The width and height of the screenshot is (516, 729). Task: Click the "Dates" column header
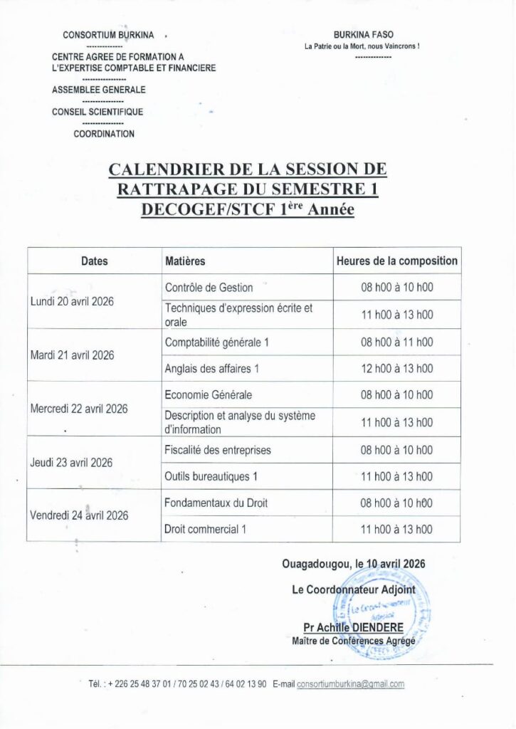[94, 261]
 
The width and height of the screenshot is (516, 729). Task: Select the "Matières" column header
[185, 261]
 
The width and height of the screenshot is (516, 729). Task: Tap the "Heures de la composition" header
[396, 261]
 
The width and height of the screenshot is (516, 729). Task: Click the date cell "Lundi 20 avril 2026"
[72, 301]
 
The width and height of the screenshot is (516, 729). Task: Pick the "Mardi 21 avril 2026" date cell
[72, 355]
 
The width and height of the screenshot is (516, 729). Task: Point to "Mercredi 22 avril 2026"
[78, 409]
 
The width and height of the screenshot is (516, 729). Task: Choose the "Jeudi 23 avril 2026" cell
[71, 463]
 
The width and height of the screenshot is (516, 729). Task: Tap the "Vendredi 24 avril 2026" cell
[78, 515]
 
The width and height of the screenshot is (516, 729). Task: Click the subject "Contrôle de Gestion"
[209, 288]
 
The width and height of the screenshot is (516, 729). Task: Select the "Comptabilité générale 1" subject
[217, 342]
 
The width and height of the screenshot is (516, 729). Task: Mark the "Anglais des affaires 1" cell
[212, 369]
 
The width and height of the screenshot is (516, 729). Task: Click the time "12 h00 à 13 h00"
[396, 369]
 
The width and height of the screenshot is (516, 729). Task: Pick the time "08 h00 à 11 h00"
[396, 342]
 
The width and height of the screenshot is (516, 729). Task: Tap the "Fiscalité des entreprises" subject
[218, 450]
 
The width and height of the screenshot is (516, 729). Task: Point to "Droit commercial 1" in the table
[205, 530]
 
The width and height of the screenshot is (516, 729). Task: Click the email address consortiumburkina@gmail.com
[351, 684]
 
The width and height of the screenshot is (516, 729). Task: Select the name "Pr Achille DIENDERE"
[353, 628]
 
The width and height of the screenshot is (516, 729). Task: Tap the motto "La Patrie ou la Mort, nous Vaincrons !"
[362, 46]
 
